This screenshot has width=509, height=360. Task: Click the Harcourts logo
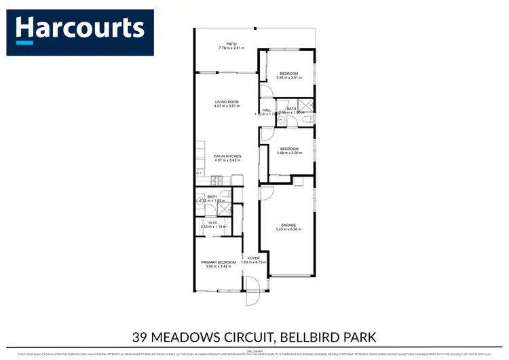pos(80,30)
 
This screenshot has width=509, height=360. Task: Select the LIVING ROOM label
pos(227,102)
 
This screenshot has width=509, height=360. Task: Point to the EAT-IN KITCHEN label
pos(227,156)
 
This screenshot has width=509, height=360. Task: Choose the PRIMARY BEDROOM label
pos(219,262)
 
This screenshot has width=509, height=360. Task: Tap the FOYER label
pos(254,258)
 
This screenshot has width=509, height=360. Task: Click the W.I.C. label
pos(218,221)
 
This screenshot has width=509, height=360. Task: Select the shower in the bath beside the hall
pos(307,105)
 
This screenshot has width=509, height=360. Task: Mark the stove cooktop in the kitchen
pos(216,180)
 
